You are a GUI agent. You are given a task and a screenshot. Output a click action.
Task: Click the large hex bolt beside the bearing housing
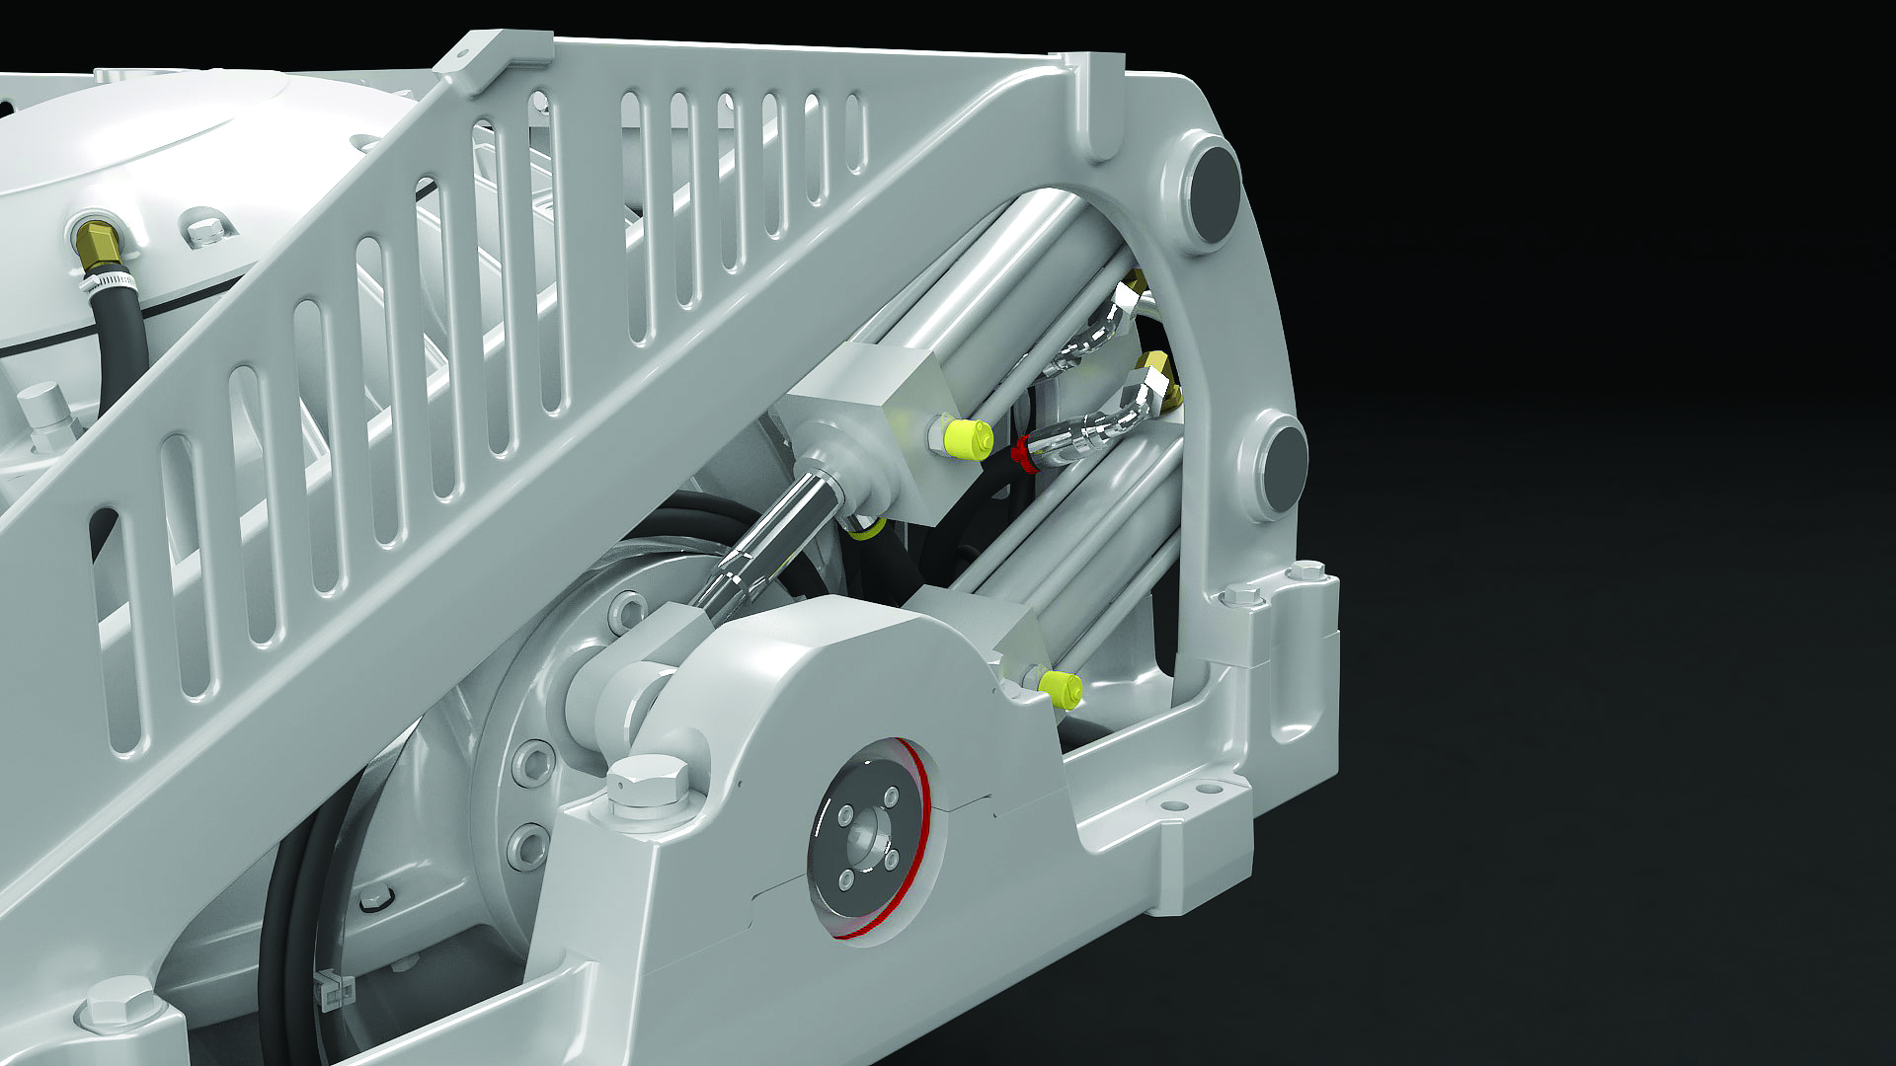(647, 783)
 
